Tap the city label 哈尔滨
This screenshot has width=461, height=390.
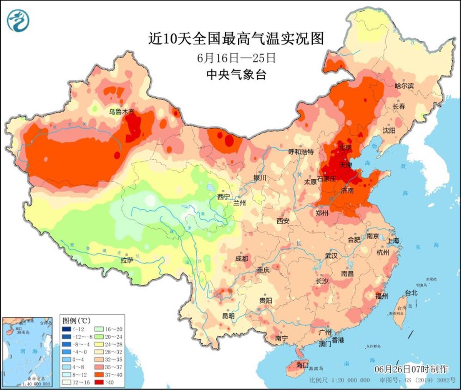coord(404,86)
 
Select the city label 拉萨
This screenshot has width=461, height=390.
coord(127,261)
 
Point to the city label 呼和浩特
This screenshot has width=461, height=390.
coord(301,152)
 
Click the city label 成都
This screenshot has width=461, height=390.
coord(242,259)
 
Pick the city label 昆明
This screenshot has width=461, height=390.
coord(228,316)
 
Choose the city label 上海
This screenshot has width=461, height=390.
coord(393,240)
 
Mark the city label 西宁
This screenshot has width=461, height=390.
coord(223,197)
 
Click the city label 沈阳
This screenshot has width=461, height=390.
coord(389,131)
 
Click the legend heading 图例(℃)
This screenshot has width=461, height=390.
coord(75,320)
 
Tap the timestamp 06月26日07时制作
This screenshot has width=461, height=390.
coord(411,369)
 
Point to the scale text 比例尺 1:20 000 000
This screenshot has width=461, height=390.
coord(340,380)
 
